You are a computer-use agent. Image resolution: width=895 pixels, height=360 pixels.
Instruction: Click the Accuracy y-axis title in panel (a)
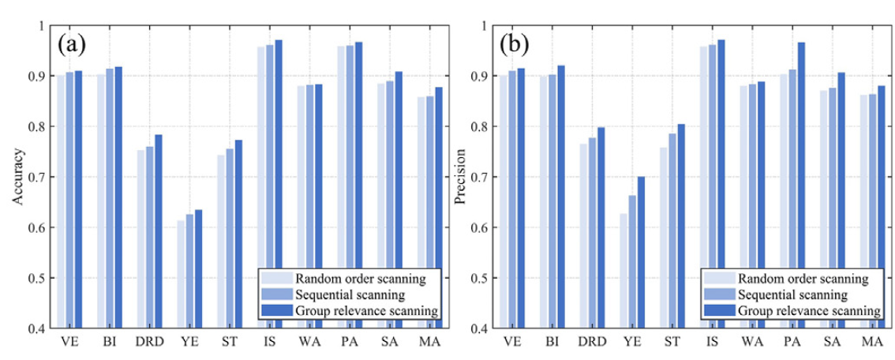(17, 176)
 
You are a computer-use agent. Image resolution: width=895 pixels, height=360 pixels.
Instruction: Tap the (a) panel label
(72, 44)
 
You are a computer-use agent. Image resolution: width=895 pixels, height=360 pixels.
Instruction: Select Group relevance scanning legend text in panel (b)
(809, 311)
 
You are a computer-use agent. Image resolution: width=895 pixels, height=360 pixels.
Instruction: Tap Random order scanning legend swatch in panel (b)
(719, 279)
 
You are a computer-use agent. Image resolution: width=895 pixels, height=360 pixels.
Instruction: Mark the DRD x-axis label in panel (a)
(149, 342)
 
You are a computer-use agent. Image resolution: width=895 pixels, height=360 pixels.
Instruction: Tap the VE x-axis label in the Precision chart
(513, 342)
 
